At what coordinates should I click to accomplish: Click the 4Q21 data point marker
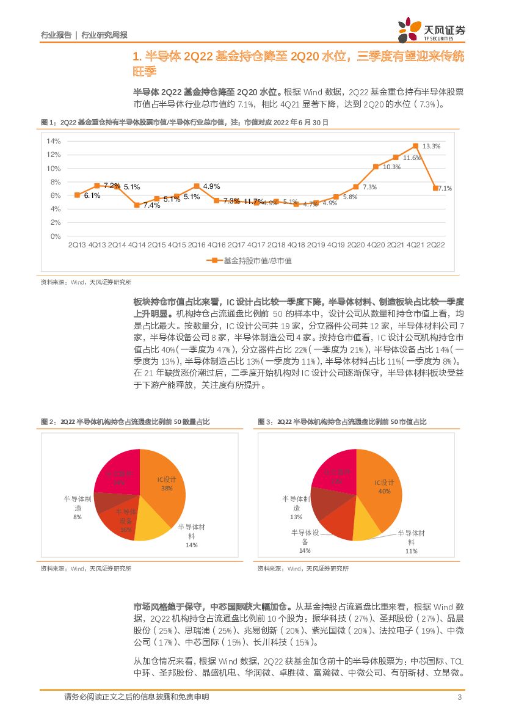pyautogui.click(x=415, y=146)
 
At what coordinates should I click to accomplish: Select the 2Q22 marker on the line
pyautogui.click(x=435, y=188)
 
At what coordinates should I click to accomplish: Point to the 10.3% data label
pyautogui.click(x=391, y=167)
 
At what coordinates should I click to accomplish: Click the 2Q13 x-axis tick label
pyautogui.click(x=78, y=245)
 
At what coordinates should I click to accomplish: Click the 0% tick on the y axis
pyautogui.click(x=55, y=236)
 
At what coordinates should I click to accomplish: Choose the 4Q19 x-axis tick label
pyautogui.click(x=335, y=245)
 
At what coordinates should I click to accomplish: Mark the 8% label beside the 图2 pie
pyautogui.click(x=78, y=517)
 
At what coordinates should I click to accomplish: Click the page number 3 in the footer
pyautogui.click(x=459, y=697)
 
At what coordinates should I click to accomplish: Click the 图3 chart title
pyautogui.click(x=341, y=422)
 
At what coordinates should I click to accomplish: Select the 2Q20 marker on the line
pyautogui.click(x=355, y=187)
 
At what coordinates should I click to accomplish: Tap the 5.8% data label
pyautogui.click(x=350, y=197)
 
